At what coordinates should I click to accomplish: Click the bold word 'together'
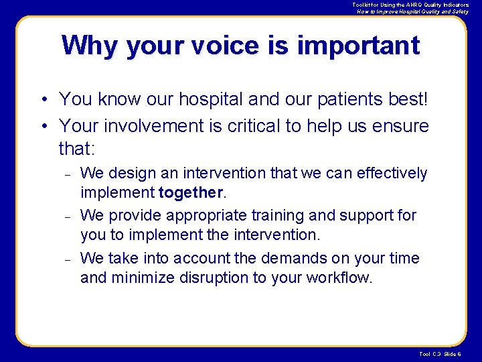pos(190,193)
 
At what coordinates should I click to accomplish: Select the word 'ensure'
pos(401,125)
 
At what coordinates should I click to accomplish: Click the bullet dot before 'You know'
pos(42,100)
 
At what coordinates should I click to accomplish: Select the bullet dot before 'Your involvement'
pos(42,126)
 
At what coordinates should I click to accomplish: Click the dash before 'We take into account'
pos(68,259)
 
